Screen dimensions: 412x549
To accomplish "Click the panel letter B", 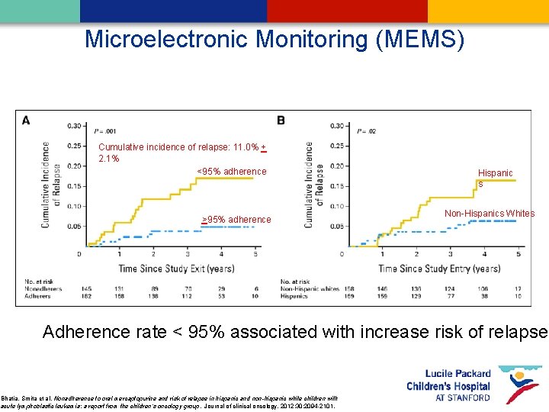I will point(281,120).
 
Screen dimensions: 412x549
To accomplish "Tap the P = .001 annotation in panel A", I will point(105,131).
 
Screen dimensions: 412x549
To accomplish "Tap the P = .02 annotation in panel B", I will point(366,131).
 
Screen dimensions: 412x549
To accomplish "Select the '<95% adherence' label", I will point(232,172).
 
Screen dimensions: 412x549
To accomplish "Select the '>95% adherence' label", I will point(236,220).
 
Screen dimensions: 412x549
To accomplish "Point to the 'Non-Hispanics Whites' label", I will point(490,214).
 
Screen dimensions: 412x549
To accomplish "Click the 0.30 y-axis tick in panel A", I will point(74,125).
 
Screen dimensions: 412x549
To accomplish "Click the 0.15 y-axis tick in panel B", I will point(335,186).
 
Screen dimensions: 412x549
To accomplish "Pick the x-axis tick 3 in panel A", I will point(188,253).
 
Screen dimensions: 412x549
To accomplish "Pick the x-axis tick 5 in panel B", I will point(518,253).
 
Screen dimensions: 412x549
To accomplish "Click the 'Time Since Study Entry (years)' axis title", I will point(440,268).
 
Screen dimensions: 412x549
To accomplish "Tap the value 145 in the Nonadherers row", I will point(85,288).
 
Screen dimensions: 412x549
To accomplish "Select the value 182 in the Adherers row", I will point(85,295).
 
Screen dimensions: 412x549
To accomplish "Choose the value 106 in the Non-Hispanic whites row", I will point(483,288).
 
